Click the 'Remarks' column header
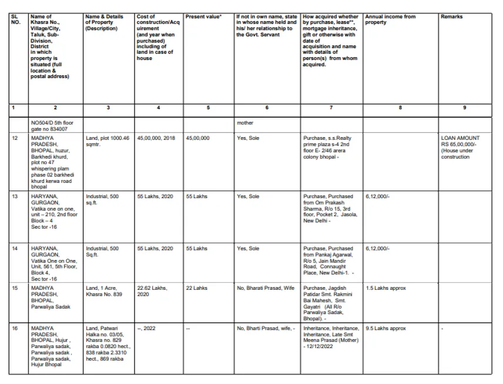451,17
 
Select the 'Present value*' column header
203,17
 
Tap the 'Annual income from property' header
390,19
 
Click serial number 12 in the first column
15,138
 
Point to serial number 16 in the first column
15,329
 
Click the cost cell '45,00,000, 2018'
156,138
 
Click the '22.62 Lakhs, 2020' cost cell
152,291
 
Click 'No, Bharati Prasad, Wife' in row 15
266,288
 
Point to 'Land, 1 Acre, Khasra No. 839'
104,291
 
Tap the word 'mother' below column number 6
245,123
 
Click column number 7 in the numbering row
331,108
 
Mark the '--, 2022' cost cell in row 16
146,329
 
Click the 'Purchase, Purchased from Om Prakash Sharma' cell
328,209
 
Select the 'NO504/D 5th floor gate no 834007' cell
49,126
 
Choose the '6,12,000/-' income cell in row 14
377,249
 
